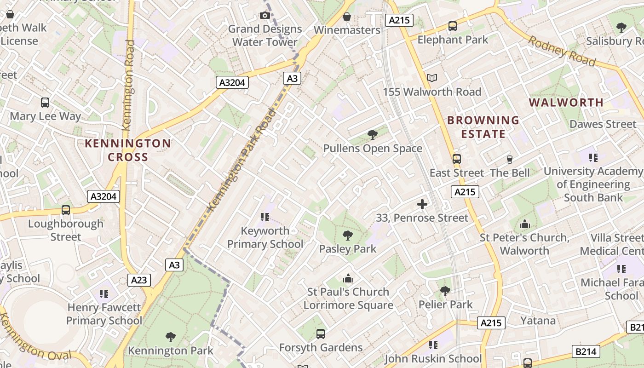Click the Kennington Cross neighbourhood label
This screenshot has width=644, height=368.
tap(128, 150)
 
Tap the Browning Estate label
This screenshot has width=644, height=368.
tap(483, 127)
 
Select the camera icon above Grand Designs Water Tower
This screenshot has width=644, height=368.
tap(264, 16)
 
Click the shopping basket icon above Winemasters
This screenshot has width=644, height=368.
tap(347, 17)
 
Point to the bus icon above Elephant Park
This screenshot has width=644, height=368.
tap(453, 26)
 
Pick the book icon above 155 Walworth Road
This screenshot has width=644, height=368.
tap(431, 78)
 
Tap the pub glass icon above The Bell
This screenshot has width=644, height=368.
tap(509, 160)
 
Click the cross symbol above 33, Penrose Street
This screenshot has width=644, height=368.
tap(422, 204)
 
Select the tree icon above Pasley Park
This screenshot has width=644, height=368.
tap(348, 236)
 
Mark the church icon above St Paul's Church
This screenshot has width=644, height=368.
tap(348, 279)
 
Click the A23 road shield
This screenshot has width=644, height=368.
tap(139, 280)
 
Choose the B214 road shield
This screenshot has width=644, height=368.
tap(586, 352)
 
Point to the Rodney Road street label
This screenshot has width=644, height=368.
tap(562, 51)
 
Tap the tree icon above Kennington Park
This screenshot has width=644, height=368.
tap(171, 337)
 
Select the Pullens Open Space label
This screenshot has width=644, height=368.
tap(373, 149)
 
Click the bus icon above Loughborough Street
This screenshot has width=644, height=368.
tap(66, 210)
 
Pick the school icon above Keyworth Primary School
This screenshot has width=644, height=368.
tap(264, 217)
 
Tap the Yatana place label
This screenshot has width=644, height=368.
tap(538, 320)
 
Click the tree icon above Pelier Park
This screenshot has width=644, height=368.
tap(445, 291)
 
